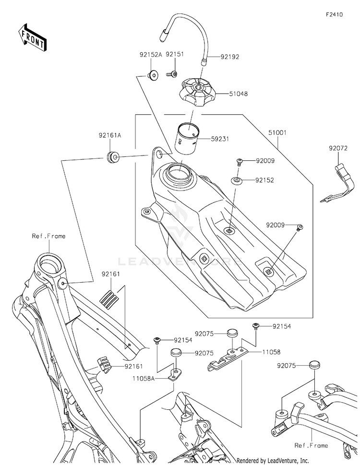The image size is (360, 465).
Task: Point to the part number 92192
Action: [230, 57]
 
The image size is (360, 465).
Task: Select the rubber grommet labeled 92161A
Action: [113, 157]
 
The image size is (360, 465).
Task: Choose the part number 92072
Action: [338, 149]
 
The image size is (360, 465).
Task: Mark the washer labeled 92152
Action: [237, 180]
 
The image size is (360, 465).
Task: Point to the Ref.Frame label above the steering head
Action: [49, 236]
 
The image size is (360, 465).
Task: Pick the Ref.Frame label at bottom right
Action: [312, 445]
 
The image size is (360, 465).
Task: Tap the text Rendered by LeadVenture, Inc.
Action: [273, 460]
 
